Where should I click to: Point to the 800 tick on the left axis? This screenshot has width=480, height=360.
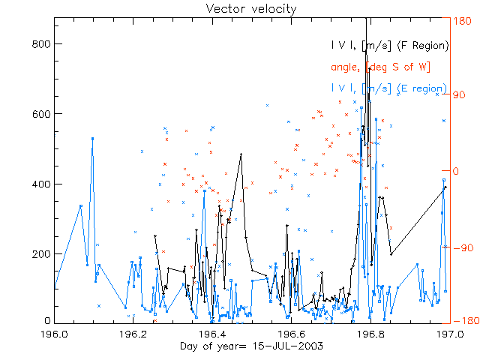point(40,44)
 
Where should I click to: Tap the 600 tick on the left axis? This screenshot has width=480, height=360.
point(40,114)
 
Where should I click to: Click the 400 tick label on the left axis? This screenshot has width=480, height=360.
point(40,184)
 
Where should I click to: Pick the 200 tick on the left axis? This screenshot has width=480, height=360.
point(40,253)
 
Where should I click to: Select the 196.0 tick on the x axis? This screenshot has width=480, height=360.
point(55,334)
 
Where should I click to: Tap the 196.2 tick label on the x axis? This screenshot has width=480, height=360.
point(133,334)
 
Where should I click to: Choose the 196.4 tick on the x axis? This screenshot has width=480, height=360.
point(213,334)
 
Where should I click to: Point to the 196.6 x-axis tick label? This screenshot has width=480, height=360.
point(292,334)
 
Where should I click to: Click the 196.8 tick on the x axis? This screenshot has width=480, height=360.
point(370,334)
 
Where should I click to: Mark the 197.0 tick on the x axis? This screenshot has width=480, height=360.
point(448,334)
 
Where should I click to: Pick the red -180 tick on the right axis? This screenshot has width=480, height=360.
point(461,321)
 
